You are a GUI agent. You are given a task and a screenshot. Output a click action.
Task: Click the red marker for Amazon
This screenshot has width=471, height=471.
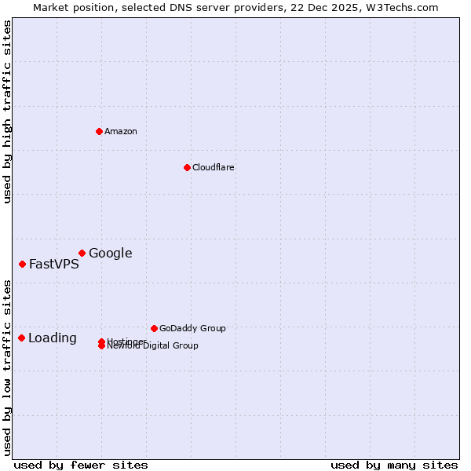click(x=99, y=131)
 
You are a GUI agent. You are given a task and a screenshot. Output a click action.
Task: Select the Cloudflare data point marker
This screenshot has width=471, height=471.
click(x=187, y=167)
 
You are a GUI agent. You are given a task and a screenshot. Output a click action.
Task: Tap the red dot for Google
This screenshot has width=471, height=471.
click(x=82, y=253)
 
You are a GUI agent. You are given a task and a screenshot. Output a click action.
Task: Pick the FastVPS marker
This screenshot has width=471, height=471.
click(x=22, y=264)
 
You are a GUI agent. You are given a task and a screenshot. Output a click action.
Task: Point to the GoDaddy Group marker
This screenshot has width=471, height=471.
click(x=154, y=328)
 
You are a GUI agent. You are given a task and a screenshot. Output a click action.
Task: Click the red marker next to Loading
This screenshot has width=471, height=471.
click(x=21, y=338)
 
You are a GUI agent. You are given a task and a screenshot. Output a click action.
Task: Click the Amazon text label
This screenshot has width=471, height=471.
click(x=121, y=131)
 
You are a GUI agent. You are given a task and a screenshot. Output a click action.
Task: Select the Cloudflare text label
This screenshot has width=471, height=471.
click(x=214, y=167)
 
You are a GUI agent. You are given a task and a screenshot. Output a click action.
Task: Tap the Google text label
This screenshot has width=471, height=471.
click(x=110, y=253)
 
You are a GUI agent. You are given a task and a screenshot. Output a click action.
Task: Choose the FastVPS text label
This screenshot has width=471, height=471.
click(x=54, y=264)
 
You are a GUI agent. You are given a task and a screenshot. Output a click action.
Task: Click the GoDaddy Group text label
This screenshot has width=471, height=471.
click(x=192, y=328)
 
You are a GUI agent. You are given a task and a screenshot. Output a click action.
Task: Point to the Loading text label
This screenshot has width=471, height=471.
click(x=53, y=338)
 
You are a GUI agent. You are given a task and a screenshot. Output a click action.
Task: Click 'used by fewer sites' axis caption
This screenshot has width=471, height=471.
click(x=81, y=465)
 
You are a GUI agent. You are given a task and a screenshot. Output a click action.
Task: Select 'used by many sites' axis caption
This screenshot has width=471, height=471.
click(x=394, y=465)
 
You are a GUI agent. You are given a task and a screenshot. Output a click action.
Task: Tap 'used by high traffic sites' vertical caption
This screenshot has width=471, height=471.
click(x=7, y=111)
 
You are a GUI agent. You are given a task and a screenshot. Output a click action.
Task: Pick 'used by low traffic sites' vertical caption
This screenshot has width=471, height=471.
click(x=7, y=367)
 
